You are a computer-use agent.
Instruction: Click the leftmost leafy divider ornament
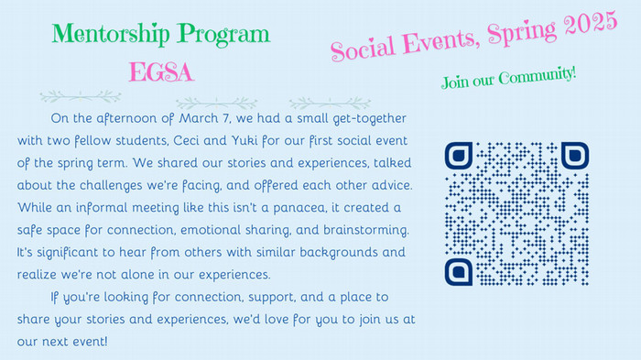pos(81,96)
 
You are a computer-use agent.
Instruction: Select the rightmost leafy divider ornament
pos(330,103)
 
